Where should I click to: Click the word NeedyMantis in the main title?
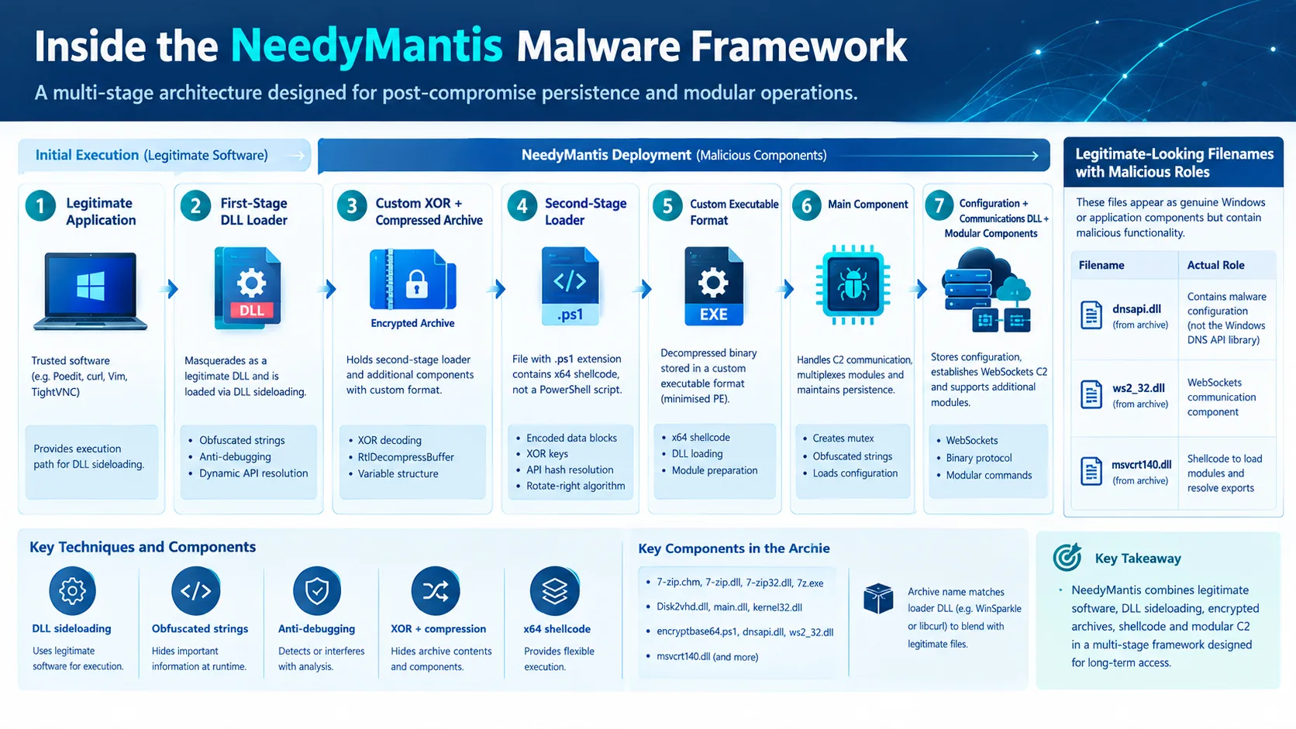(x=366, y=46)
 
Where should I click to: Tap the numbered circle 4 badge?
(x=522, y=206)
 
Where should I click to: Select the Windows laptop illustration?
(x=90, y=291)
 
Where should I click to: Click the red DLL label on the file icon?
(x=252, y=311)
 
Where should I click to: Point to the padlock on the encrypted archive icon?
(x=416, y=284)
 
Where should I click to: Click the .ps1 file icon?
(x=570, y=286)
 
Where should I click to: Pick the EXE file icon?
(x=713, y=286)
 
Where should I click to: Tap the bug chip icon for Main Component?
(x=853, y=284)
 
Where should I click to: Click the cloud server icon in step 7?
(x=986, y=290)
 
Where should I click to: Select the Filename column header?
(x=1101, y=266)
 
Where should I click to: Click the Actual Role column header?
(x=1215, y=266)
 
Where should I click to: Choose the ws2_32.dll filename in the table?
(x=1138, y=388)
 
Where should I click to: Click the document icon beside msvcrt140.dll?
(x=1091, y=470)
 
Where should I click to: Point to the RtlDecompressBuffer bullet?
(x=405, y=457)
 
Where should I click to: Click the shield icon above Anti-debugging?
(x=317, y=591)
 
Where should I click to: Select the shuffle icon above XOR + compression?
(x=435, y=591)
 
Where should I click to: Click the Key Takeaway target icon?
(x=1067, y=557)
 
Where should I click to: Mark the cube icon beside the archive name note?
(x=878, y=598)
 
